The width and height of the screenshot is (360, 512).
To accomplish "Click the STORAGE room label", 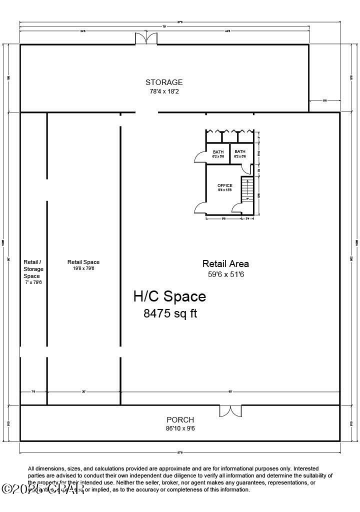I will click(x=164, y=82).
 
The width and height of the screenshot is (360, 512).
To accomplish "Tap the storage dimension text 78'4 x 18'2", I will click(x=164, y=92).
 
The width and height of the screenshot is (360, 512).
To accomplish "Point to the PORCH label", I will click(x=180, y=420).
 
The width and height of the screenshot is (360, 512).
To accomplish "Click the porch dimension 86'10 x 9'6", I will click(x=180, y=428).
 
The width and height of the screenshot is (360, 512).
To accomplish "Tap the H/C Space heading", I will click(x=169, y=296).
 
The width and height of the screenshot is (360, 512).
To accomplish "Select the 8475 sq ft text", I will click(x=170, y=314).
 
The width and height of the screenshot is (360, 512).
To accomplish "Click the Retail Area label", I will click(x=225, y=263).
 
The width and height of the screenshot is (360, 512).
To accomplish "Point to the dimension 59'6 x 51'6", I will click(x=225, y=274).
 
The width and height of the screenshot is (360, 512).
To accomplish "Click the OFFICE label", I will click(x=224, y=185).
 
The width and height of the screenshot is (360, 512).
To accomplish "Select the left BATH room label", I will click(x=218, y=152).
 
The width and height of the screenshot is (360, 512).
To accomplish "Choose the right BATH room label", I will click(x=240, y=152).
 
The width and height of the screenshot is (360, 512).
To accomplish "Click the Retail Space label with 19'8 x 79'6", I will click(x=83, y=262).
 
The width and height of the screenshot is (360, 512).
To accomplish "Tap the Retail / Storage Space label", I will click(x=33, y=269).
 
